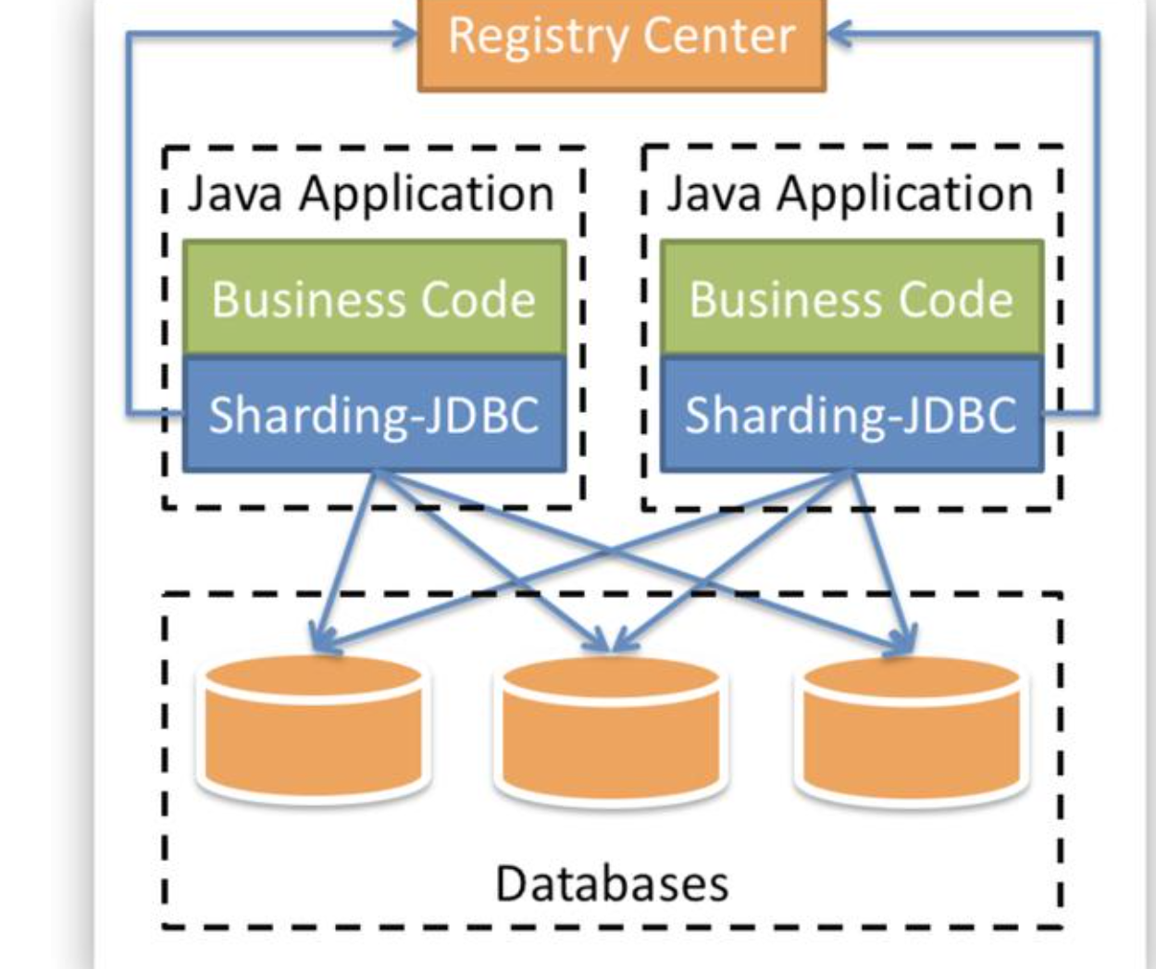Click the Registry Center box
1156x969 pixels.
tap(622, 44)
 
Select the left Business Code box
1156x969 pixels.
tap(374, 298)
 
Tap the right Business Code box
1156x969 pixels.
tap(852, 298)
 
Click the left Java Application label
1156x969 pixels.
tap(371, 194)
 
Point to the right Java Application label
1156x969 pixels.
tap(850, 194)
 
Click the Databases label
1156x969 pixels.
tap(612, 884)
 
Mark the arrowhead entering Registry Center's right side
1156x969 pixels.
tap(839, 33)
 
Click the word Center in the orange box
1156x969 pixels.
tap(719, 36)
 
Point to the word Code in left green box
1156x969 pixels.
tap(479, 299)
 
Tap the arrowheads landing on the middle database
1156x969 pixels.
tap(611, 640)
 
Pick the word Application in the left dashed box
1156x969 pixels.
tap(427, 196)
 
